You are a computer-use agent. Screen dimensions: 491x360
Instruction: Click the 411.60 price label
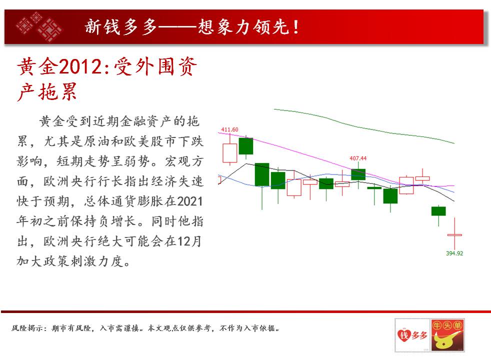[229, 129]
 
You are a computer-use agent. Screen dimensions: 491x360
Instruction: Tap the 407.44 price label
[358, 158]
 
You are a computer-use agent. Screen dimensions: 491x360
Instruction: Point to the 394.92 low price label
[454, 253]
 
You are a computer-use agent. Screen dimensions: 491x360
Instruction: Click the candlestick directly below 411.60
[230, 153]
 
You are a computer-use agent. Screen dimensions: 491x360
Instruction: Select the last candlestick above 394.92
[454, 234]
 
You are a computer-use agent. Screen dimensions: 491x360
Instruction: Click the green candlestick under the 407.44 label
[358, 174]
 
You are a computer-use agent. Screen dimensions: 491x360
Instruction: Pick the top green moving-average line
[364, 126]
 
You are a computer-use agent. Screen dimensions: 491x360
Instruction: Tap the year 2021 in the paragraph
[190, 201]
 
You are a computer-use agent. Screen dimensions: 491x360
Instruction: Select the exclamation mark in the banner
[296, 27]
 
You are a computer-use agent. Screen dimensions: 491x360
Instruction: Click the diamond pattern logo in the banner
[39, 26]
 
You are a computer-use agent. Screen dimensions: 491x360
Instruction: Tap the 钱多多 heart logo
[412, 335]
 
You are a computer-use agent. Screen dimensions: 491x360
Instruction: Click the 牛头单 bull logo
[447, 335]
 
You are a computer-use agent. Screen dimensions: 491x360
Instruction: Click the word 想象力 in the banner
[225, 26]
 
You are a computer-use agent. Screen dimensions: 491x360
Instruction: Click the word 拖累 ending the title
[57, 91]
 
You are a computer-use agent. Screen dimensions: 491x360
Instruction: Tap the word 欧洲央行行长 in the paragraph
[83, 181]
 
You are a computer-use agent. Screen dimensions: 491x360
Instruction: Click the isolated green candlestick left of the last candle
[438, 211]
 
